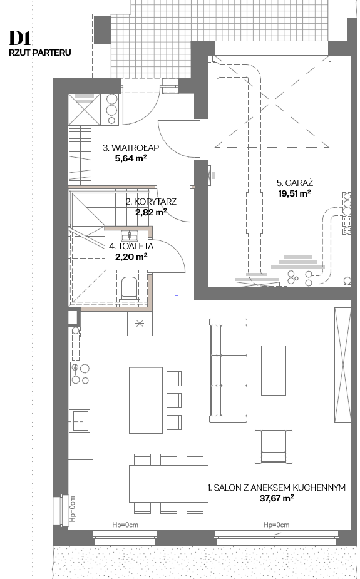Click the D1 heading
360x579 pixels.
click(x=20, y=38)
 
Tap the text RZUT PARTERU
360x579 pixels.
click(x=40, y=53)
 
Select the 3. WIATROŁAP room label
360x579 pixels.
click(x=131, y=148)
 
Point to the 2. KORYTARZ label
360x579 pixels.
click(x=151, y=202)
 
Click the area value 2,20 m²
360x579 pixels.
click(x=131, y=257)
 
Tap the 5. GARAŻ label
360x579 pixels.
click(x=295, y=183)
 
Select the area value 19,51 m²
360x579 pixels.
click(x=294, y=193)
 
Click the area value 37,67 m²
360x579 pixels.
click(x=277, y=498)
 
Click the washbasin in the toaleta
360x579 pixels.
click(x=129, y=235)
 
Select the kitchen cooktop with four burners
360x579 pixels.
click(x=81, y=374)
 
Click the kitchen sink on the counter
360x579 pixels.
click(x=80, y=420)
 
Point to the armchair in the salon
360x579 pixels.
click(x=274, y=446)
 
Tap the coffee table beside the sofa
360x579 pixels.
click(x=274, y=371)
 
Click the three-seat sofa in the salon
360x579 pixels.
click(x=228, y=371)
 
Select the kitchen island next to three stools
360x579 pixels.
click(x=146, y=400)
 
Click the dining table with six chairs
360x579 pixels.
click(x=169, y=484)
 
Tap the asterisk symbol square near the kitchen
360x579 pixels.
click(x=140, y=324)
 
